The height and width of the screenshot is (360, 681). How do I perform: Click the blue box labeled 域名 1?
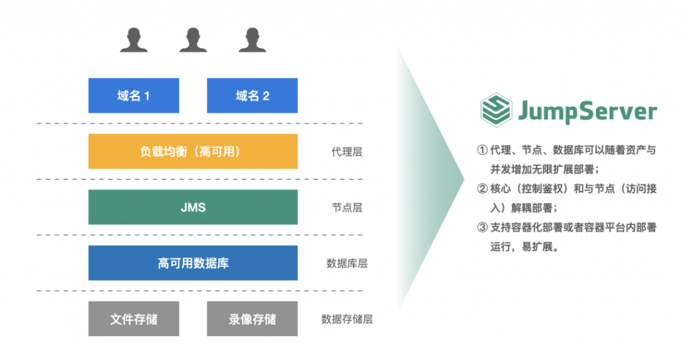pos(134,96)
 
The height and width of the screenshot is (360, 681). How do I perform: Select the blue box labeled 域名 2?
pos(252,96)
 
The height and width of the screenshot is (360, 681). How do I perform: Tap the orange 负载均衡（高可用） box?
pos(193,151)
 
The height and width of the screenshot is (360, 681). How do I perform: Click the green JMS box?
pos(193,207)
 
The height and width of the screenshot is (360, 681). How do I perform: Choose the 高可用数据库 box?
pos(193,263)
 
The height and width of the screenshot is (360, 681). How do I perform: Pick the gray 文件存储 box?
pos(134,319)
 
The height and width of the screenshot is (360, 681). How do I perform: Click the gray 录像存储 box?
pos(252,319)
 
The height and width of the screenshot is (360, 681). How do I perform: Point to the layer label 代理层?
pos(346,152)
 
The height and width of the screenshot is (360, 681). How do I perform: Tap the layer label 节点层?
pos(346,208)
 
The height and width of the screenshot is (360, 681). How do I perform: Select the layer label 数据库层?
pos(346,263)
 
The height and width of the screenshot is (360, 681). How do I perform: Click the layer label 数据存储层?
pos(346,319)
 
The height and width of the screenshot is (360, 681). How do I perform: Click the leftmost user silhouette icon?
pos(134,40)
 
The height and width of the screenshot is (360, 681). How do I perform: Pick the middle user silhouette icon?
pos(193,40)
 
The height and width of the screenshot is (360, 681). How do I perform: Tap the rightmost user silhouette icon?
pos(252,40)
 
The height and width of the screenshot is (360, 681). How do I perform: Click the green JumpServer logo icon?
pos(495,110)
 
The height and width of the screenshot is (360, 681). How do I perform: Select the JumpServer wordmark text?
pos(588,112)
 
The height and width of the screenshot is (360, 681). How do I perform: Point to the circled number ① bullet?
pos(482,150)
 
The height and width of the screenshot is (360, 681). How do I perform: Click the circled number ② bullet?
pos(482,189)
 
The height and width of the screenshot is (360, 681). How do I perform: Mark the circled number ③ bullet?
pos(482,228)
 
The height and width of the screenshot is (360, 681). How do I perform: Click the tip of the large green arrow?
pos(464,178)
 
